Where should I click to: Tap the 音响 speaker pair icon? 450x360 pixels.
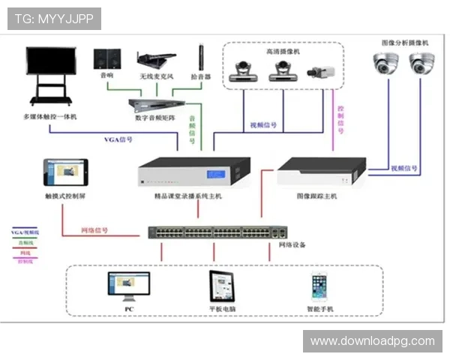pos(106,58)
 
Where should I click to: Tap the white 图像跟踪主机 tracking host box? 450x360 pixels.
pos(321,173)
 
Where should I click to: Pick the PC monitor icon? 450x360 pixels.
pos(128,286)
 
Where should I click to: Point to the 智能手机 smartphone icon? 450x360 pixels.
pos(320,286)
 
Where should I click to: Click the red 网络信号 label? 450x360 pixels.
pos(94,230)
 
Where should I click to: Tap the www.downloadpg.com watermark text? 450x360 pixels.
pos(372,341)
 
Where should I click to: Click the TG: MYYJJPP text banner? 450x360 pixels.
pos(54,19)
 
